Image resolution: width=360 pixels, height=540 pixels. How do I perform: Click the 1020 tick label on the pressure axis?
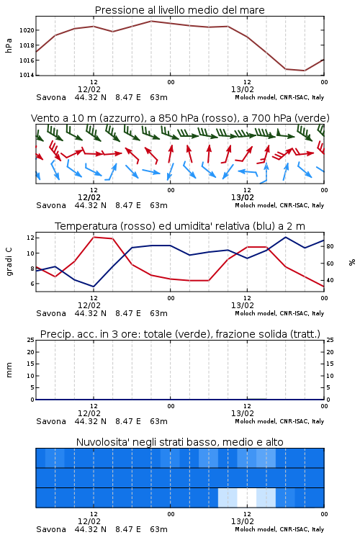27,30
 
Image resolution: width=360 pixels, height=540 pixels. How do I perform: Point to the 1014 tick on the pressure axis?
27,75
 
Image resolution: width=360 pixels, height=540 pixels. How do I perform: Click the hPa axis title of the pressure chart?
9,45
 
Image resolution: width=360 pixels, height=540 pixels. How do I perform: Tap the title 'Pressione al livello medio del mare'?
180,10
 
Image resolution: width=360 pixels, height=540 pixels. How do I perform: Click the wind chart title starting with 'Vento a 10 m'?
180,118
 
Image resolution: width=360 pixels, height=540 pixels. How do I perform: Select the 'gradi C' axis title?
9,262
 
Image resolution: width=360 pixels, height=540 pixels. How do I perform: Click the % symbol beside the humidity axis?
352,262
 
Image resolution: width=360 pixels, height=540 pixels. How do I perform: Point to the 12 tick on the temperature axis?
30,238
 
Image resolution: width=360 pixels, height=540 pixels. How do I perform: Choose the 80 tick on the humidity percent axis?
330,246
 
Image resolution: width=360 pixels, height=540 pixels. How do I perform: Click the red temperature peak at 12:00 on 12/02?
94,238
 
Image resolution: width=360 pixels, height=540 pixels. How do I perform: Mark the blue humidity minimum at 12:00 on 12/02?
94,287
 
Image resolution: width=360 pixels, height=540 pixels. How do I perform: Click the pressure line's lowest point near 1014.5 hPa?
305,71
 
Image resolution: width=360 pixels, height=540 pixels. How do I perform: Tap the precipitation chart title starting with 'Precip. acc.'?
180,334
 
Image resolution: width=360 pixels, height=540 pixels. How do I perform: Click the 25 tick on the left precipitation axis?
31,341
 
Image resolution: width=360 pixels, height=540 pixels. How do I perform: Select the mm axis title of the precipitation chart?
9,370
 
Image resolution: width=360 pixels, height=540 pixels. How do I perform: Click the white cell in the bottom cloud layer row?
247,498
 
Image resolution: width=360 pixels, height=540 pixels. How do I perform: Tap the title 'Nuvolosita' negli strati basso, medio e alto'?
180,442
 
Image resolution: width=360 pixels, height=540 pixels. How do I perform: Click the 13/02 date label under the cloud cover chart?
243,521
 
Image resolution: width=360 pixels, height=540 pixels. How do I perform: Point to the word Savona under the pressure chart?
51,97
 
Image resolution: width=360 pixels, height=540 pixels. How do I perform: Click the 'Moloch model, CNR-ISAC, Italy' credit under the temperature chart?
279,313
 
